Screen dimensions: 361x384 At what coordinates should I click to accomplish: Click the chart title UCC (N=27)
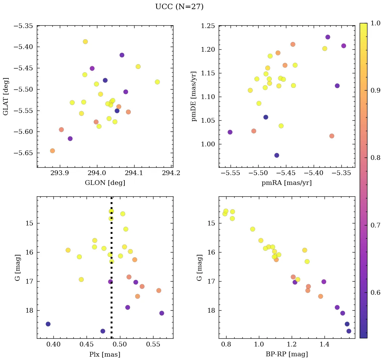click(x=179, y=7)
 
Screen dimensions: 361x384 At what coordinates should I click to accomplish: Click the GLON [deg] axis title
click(x=105, y=183)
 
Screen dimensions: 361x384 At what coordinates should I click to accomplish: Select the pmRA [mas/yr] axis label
click(x=287, y=183)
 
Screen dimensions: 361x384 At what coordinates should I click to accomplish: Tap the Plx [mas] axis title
click(x=105, y=355)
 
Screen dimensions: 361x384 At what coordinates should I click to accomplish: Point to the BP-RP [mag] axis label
click(x=287, y=355)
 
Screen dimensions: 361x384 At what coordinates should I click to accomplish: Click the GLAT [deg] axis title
click(x=6, y=96)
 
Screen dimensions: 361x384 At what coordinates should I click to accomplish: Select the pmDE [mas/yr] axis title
click(x=194, y=96)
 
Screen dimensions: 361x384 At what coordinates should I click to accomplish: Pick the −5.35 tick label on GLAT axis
click(x=23, y=26)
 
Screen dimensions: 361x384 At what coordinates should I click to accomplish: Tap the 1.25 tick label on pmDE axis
click(x=208, y=26)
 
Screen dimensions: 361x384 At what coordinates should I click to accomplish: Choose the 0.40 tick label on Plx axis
click(x=53, y=345)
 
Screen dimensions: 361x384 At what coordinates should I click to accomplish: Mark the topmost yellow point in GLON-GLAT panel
click(x=85, y=42)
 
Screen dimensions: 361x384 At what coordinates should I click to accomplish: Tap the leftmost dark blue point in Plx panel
click(x=48, y=324)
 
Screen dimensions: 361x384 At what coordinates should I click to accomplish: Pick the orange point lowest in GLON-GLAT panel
click(x=52, y=151)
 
